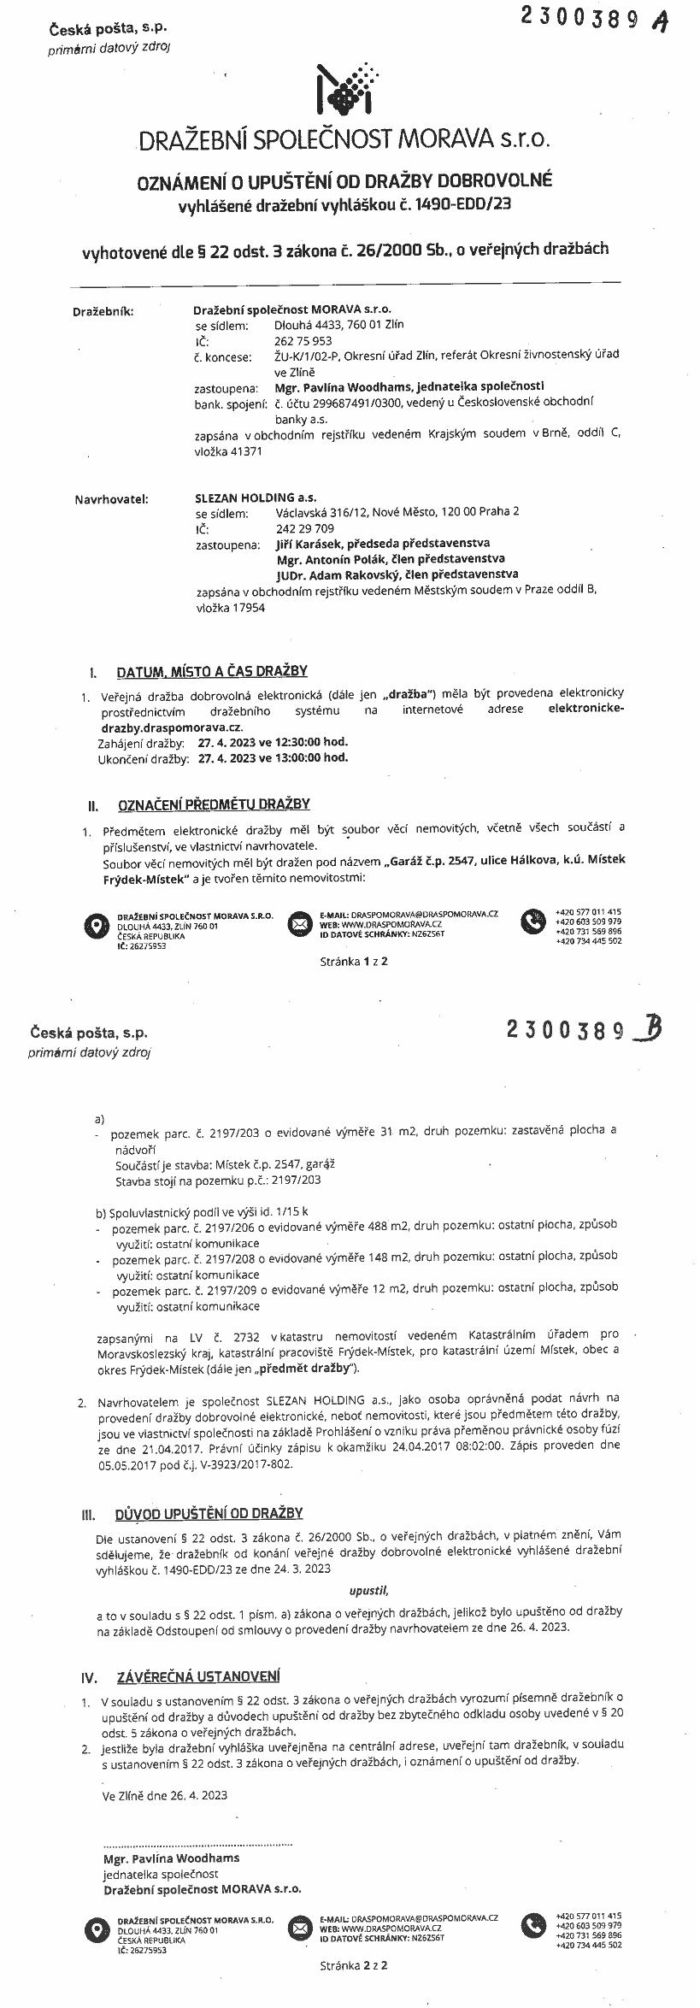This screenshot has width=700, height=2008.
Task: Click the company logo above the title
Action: pos(347,90)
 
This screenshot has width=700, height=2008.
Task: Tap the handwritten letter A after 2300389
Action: pos(658,22)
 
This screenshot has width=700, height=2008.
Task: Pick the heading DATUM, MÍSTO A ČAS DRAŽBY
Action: pos(212,671)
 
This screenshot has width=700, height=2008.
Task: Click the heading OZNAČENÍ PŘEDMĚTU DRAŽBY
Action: pos(213,804)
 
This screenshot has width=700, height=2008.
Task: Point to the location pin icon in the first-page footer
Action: pos(96,925)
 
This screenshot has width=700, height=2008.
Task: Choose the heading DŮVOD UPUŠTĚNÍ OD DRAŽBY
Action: pos(209,1514)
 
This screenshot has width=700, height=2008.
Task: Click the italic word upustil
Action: pos(368,1591)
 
